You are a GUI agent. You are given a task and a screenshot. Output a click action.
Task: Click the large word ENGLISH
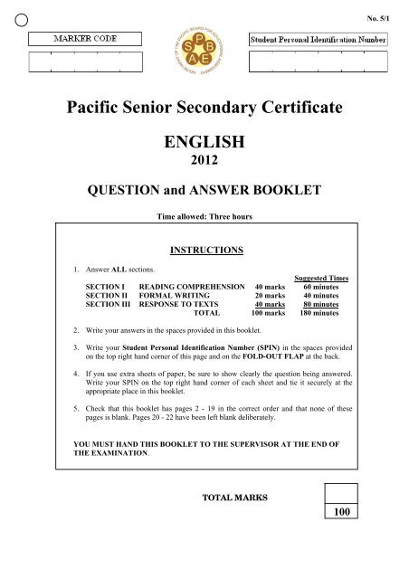point(204,147)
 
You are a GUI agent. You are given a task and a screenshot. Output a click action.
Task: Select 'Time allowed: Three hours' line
point(204,218)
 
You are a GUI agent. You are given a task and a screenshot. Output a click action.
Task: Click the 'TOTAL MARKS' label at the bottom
point(235,498)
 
